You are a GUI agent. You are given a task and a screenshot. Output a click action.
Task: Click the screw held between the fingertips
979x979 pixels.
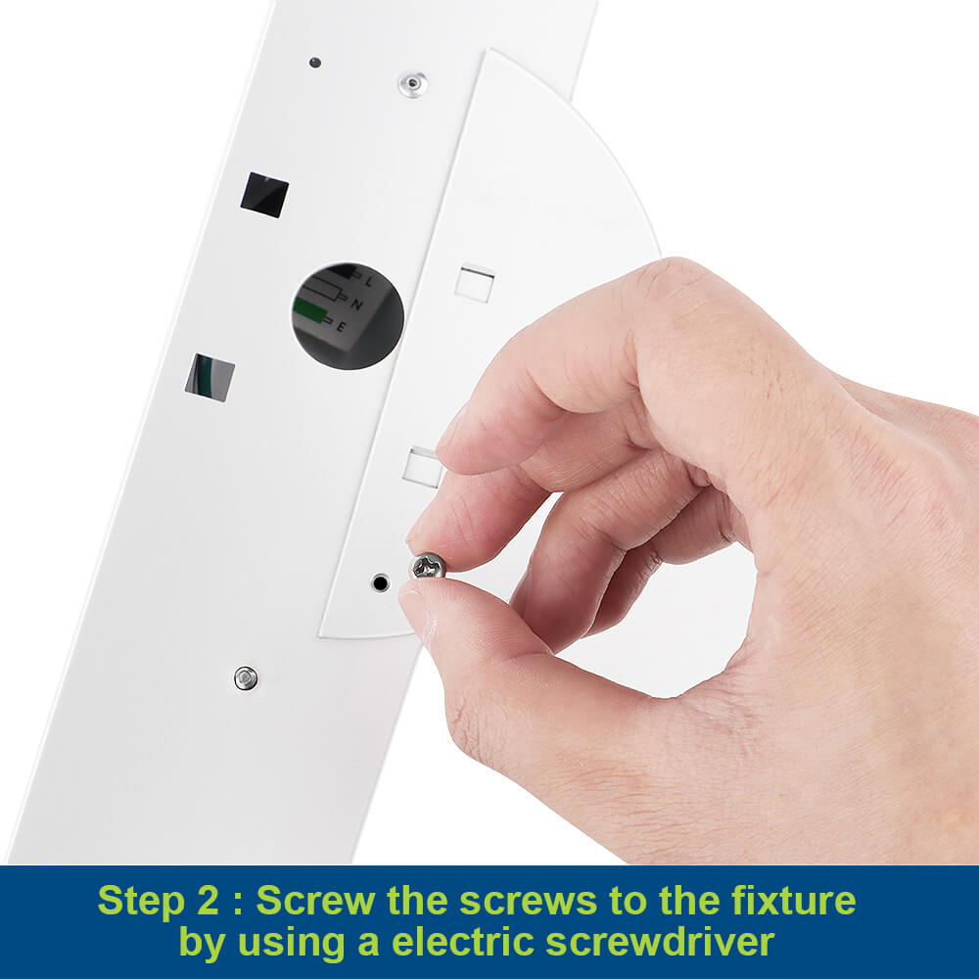(x=429, y=566)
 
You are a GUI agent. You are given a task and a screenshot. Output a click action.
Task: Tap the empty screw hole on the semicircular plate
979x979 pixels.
(x=380, y=583)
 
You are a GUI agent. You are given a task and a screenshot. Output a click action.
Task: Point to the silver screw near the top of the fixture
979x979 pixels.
(x=413, y=83)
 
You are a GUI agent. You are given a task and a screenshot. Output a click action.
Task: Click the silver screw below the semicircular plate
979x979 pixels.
(x=246, y=678)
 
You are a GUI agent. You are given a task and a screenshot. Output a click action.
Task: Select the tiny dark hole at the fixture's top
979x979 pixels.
(x=314, y=63)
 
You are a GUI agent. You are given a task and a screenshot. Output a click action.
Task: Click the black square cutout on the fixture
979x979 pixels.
(x=264, y=194)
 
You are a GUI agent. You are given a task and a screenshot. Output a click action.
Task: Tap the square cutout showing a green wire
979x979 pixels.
(x=210, y=377)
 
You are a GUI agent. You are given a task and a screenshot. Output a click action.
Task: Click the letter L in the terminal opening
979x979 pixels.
(x=369, y=282)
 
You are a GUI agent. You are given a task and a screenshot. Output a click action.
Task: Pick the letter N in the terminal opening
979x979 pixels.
(x=356, y=304)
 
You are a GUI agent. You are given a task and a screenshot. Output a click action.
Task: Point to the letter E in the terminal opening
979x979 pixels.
(x=341, y=326)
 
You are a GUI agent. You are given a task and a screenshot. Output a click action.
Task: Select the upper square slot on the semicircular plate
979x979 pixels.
(x=475, y=284)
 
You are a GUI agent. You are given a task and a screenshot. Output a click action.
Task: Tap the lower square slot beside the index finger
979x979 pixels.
(x=423, y=467)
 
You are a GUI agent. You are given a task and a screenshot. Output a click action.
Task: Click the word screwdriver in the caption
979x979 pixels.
(x=661, y=942)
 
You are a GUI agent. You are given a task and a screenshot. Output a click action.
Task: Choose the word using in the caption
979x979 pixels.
(x=292, y=944)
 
